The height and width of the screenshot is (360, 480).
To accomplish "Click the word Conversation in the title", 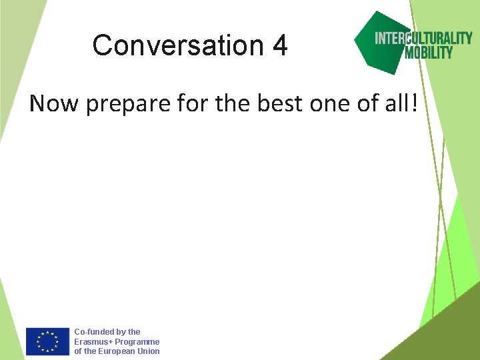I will pyautogui.click(x=177, y=46).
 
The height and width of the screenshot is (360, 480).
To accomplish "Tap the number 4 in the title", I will pyautogui.click(x=280, y=46).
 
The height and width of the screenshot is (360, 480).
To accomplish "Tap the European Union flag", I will pyautogui.click(x=47, y=341).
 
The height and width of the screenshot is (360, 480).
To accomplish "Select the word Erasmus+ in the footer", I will pyautogui.click(x=93, y=341).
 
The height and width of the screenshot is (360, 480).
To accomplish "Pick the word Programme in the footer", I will pyautogui.click(x=137, y=341).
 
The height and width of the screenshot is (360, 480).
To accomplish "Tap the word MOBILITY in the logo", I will pyautogui.click(x=429, y=53).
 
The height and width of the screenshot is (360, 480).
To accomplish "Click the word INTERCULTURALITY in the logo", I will pyautogui.click(x=423, y=38).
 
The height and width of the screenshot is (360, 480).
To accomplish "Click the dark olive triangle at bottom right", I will pyautogui.click(x=447, y=333).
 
